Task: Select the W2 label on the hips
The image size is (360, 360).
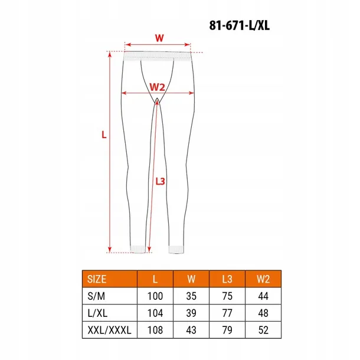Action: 156,87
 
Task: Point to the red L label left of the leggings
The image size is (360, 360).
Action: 103,135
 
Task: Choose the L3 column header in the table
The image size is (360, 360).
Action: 227,279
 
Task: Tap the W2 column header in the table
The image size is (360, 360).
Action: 263,279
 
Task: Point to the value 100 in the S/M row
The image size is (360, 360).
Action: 155,295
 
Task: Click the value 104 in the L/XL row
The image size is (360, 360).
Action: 155,312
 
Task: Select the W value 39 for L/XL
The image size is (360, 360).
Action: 191,312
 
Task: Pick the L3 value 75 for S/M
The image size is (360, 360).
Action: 227,295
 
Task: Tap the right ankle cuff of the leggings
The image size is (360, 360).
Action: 177,248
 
